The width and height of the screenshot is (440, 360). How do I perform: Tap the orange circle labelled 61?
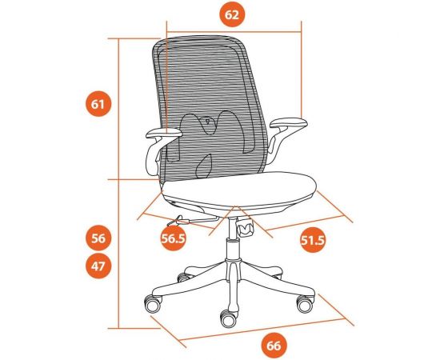coord(98,105)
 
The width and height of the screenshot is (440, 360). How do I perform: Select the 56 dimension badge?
coord(98,238)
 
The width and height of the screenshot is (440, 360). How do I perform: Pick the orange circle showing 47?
coord(98,267)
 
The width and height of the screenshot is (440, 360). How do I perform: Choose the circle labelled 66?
coord(273,346)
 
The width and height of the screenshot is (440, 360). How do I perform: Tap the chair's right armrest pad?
coord(288,124)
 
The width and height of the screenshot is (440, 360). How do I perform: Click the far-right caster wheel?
coord(304,304)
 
